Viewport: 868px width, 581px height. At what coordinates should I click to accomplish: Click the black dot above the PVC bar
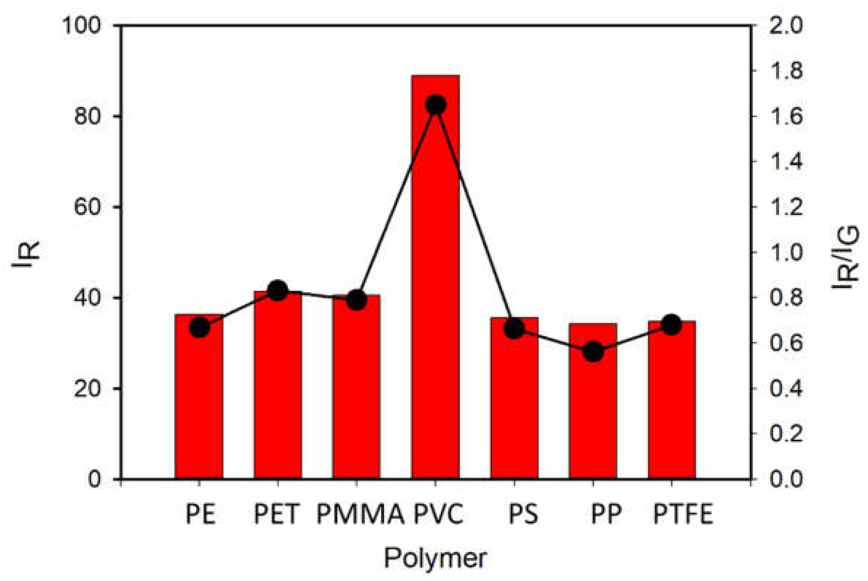tap(435, 105)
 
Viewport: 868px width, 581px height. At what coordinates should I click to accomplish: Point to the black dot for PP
tap(593, 352)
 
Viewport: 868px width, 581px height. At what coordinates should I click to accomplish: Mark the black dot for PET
tap(278, 290)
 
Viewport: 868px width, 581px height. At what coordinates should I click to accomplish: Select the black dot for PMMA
tap(357, 300)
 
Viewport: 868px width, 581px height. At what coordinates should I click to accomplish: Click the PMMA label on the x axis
tap(360, 514)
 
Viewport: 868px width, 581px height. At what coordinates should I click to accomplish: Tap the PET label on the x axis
tap(276, 514)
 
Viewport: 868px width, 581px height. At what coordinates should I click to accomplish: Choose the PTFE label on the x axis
tap(683, 514)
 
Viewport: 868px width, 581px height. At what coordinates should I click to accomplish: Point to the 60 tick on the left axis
tap(88, 207)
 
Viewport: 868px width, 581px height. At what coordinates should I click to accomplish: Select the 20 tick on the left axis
tap(88, 389)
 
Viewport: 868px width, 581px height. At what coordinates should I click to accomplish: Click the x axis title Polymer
tap(435, 558)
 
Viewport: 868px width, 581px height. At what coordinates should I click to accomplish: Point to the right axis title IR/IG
tap(845, 258)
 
